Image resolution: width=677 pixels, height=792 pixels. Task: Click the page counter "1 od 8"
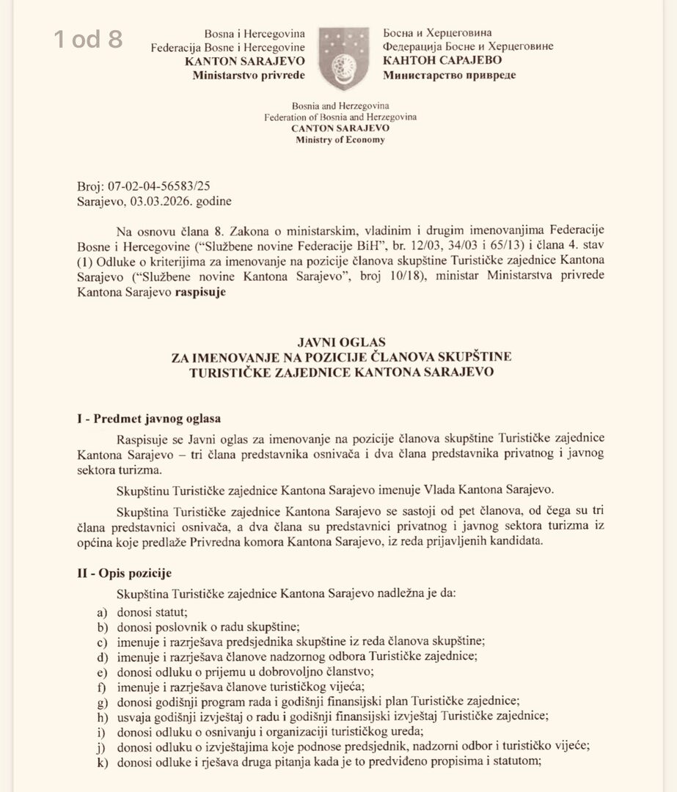pos(88,39)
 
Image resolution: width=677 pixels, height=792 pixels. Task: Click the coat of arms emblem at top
pos(343,58)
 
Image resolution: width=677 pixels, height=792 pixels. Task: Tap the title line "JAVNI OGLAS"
pos(340,342)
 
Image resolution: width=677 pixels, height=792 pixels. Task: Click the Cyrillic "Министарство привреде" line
pos(449,74)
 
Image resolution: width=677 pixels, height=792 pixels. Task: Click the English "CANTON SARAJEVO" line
pos(340,128)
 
